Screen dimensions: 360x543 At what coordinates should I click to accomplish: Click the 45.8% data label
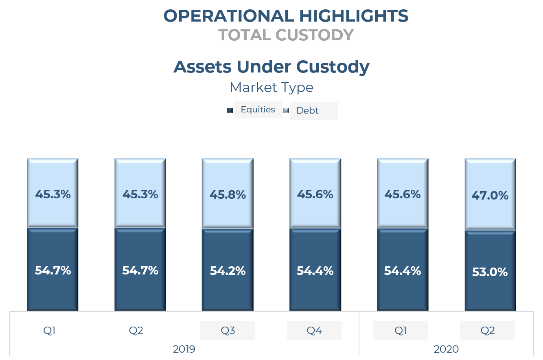pos(228,195)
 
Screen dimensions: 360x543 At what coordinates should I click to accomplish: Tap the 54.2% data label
pos(228,271)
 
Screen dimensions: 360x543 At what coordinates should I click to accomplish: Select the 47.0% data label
pos(490,195)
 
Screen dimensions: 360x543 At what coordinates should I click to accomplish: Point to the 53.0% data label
pos(490,272)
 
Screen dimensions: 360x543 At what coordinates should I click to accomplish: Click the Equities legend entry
pos(258,110)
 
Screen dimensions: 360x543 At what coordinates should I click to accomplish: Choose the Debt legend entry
pos(307,111)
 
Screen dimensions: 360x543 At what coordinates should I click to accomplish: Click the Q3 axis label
pos(228,330)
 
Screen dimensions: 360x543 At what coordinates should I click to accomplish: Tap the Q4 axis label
pos(314,330)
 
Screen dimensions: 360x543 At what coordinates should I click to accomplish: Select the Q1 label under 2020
pos(401,330)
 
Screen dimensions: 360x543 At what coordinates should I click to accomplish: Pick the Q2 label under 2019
pos(136,330)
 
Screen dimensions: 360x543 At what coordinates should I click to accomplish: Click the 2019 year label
pos(184,349)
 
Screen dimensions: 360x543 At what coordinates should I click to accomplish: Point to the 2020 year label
pos(446,349)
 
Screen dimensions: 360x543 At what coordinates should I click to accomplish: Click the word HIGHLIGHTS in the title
pos(353,16)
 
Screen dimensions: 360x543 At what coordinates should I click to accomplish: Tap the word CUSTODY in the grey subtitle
pos(314,35)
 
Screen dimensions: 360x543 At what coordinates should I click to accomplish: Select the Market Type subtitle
pos(271,87)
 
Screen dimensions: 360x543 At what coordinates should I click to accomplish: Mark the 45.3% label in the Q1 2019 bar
pos(53,194)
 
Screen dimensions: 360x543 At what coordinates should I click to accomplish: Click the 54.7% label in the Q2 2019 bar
pos(140,270)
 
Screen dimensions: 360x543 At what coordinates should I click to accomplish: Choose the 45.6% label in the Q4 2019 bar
pos(315,194)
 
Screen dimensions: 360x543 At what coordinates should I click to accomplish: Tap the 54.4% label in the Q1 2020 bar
pos(402,270)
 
